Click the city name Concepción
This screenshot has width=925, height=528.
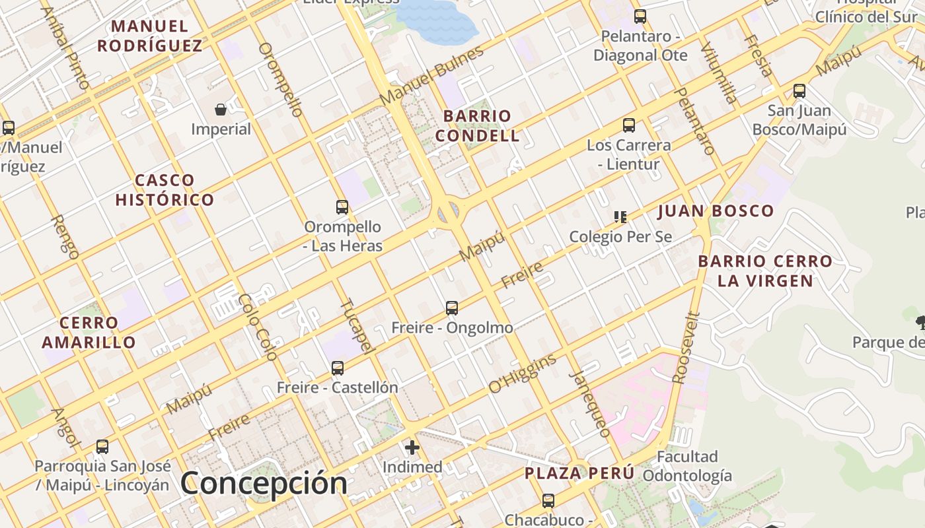click(x=264, y=483)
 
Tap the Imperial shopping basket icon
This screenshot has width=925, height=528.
click(x=221, y=110)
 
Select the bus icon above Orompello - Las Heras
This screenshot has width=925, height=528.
click(x=342, y=207)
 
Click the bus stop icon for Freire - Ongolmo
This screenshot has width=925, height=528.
click(x=452, y=308)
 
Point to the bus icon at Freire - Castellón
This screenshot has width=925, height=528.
click(x=338, y=368)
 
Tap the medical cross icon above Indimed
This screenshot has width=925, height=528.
click(x=412, y=447)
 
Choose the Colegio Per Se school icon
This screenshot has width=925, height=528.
click(x=620, y=216)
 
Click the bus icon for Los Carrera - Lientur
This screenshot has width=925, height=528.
click(x=629, y=125)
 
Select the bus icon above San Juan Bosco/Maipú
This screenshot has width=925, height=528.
click(x=799, y=91)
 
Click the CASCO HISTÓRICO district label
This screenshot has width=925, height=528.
click(x=165, y=190)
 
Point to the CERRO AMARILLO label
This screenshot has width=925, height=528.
click(x=89, y=333)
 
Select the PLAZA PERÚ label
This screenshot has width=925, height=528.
click(x=579, y=473)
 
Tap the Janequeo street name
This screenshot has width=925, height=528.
click(x=590, y=404)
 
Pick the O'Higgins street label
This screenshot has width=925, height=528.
click(x=523, y=374)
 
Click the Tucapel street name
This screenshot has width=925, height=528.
click(x=357, y=326)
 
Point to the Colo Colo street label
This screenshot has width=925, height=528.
click(x=258, y=327)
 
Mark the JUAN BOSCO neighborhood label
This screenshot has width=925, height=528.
click(x=716, y=211)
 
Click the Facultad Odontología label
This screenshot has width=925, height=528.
click(x=687, y=466)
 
